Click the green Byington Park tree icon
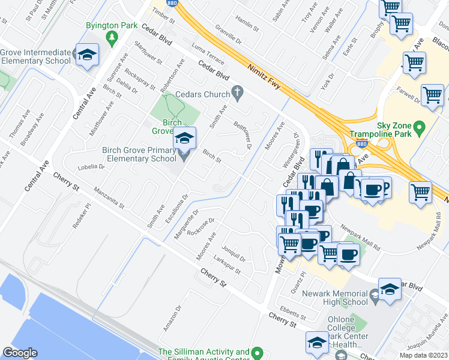click(112, 38)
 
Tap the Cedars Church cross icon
click(238, 94)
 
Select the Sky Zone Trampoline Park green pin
click(420, 128)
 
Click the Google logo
click(20, 352)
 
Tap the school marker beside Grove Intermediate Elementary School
click(88, 55)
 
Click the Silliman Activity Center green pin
click(258, 352)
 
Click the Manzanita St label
click(109, 198)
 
